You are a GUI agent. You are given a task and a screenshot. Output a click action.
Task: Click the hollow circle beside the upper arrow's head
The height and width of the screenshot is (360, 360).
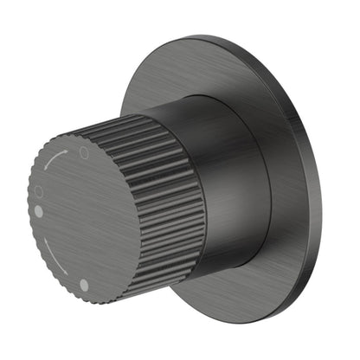84,151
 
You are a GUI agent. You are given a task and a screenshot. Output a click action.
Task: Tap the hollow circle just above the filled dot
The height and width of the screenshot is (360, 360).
37,190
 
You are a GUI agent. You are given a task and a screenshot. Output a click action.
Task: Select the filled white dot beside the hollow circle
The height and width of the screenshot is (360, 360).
39,210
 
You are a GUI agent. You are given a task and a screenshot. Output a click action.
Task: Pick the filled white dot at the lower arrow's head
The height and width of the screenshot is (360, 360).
84,284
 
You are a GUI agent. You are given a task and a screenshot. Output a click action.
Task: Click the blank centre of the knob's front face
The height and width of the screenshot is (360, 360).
87,216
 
